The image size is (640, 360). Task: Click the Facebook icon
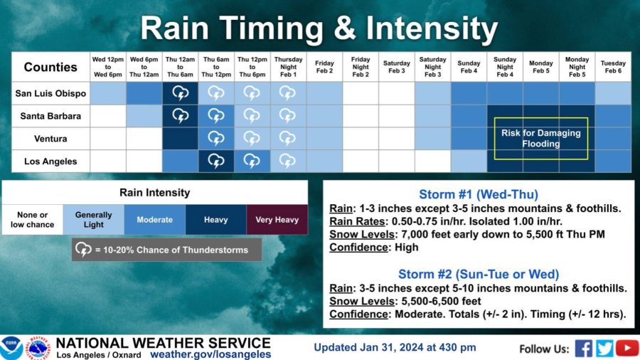(584, 349)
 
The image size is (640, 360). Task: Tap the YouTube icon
(627, 349)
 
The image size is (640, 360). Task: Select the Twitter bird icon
(604, 349)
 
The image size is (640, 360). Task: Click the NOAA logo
(11, 348)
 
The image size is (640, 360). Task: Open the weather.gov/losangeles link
(210, 354)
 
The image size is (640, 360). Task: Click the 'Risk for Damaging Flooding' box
(541, 138)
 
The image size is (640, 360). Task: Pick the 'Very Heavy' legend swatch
(277, 220)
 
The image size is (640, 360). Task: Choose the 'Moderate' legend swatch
(155, 220)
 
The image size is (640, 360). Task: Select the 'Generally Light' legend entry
(93, 220)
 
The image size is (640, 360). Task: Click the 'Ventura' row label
(50, 139)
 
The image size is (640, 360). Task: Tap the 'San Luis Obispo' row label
(50, 93)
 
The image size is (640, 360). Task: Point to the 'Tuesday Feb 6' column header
(613, 67)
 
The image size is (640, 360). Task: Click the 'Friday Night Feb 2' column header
(361, 67)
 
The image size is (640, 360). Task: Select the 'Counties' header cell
(50, 67)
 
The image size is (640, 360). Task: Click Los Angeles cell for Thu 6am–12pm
(216, 162)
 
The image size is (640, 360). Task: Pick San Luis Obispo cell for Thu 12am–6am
(180, 93)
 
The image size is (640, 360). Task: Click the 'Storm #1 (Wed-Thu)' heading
(479, 194)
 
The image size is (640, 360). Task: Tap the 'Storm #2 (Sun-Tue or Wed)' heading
(479, 274)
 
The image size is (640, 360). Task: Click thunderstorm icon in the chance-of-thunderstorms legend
(83, 250)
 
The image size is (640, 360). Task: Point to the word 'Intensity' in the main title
(432, 28)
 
